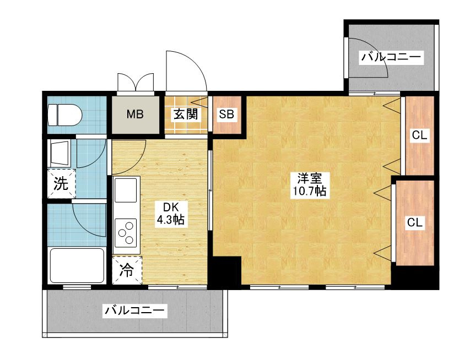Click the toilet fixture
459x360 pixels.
64,116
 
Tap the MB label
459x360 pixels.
135,114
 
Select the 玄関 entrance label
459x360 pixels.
186,115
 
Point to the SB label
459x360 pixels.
226,114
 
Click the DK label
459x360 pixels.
170,207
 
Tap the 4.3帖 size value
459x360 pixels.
170,220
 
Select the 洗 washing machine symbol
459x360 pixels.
61,184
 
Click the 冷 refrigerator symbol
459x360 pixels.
127,271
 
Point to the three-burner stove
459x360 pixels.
127,232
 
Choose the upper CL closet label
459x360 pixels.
419,135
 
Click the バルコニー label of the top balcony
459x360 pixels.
391,57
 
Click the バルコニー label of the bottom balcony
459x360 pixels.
135,312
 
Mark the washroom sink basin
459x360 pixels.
60,152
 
